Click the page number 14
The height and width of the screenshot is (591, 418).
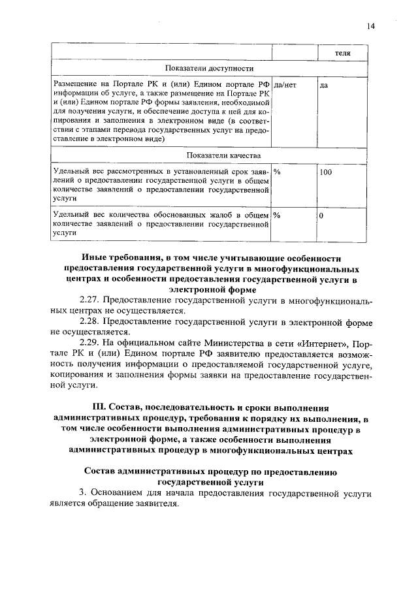pyautogui.click(x=371, y=25)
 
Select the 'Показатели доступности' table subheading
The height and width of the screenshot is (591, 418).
pyautogui.click(x=210, y=67)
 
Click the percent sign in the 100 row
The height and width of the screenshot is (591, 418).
pyautogui.click(x=277, y=171)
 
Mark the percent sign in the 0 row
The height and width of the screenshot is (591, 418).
pyautogui.click(x=277, y=214)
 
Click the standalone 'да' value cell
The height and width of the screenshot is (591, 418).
pyautogui.click(x=324, y=85)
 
